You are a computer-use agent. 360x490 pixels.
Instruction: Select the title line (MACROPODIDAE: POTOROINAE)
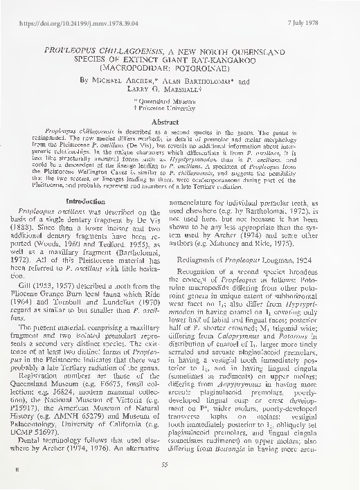(182, 70)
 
